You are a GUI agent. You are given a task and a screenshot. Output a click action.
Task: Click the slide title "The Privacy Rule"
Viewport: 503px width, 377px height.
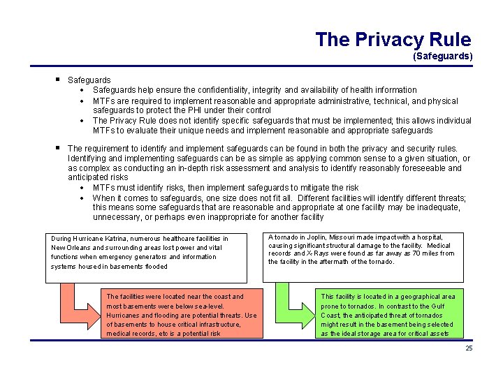tap(393, 39)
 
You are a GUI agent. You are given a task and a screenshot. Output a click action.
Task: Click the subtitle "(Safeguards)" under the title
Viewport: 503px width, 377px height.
tap(442, 55)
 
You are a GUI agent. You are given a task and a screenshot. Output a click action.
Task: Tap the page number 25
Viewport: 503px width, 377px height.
tap(469, 348)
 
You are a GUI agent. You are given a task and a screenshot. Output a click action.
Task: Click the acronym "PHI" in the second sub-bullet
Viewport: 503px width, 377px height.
tap(201, 110)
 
